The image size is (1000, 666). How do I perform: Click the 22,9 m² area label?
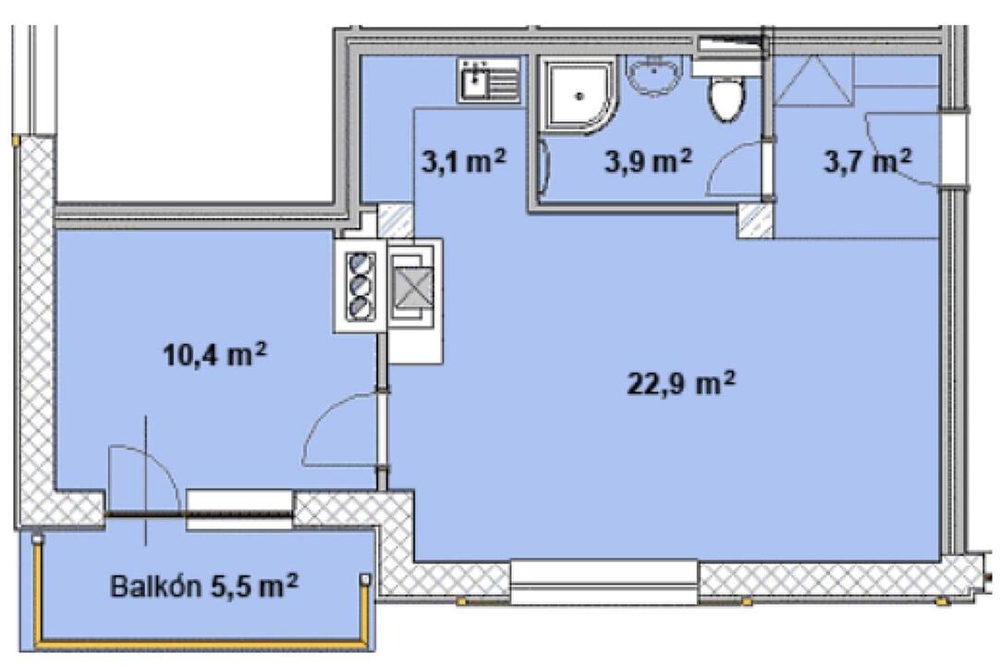point(681,384)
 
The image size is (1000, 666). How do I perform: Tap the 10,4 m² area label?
point(214,354)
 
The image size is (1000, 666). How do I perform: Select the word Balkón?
point(156,586)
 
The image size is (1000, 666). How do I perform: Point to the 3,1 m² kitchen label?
point(464,161)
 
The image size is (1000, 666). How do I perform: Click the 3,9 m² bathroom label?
point(648,161)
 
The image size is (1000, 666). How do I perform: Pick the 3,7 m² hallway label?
point(867,161)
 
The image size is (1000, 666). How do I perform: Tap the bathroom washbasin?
point(653,75)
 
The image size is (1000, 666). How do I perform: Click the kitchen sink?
point(489,80)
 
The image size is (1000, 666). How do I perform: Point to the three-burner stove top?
point(360,286)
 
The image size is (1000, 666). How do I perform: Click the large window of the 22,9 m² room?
point(604,582)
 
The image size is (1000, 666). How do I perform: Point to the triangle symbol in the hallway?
point(814,80)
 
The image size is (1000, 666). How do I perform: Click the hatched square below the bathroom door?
point(756,221)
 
